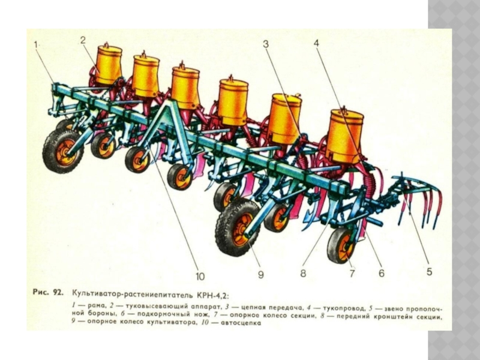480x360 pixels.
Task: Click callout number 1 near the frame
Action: pyautogui.click(x=35, y=44)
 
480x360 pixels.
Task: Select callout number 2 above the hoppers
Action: pyautogui.click(x=83, y=40)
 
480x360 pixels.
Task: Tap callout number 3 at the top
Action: pyautogui.click(x=266, y=44)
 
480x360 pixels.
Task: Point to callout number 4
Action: pyautogui.click(x=316, y=43)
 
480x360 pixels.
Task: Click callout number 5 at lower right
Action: pyautogui.click(x=429, y=272)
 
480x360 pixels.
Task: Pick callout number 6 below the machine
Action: pyautogui.click(x=382, y=273)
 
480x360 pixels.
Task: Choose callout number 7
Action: pyautogui.click(x=352, y=273)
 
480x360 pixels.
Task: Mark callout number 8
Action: pyautogui.click(x=303, y=273)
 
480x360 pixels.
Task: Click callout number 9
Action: pyautogui.click(x=260, y=274)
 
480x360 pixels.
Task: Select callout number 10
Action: pyautogui.click(x=200, y=277)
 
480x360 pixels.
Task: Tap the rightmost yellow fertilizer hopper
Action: pyautogui.click(x=344, y=136)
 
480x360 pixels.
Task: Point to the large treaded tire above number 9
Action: pyautogui.click(x=238, y=227)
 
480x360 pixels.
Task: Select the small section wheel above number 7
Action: pyautogui.click(x=342, y=245)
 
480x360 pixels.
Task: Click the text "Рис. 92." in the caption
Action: pyautogui.click(x=48, y=292)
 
